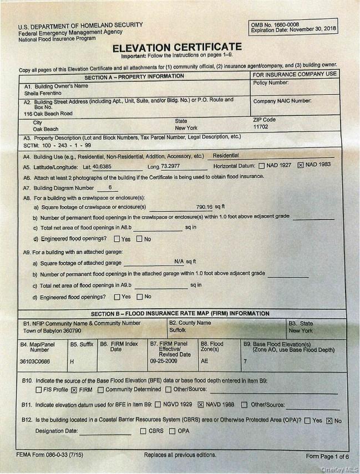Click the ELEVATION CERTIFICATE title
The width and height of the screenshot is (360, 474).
point(177,48)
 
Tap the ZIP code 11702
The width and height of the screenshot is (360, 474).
point(261,127)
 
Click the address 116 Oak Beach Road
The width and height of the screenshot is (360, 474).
point(48,113)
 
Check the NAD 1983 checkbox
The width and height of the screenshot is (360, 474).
point(301,165)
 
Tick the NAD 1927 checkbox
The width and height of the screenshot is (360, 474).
point(261,165)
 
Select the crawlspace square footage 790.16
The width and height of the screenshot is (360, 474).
point(204,206)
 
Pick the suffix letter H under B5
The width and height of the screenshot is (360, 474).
point(72,361)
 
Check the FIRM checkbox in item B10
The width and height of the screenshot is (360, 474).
point(74,390)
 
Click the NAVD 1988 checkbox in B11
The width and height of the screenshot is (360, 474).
point(201,405)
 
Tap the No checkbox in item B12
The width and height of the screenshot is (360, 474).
point(329,420)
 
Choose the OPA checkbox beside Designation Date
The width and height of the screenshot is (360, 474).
point(171,431)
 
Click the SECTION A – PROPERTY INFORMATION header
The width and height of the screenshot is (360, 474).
point(134,77)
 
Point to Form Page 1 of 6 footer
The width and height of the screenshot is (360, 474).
point(327,456)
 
